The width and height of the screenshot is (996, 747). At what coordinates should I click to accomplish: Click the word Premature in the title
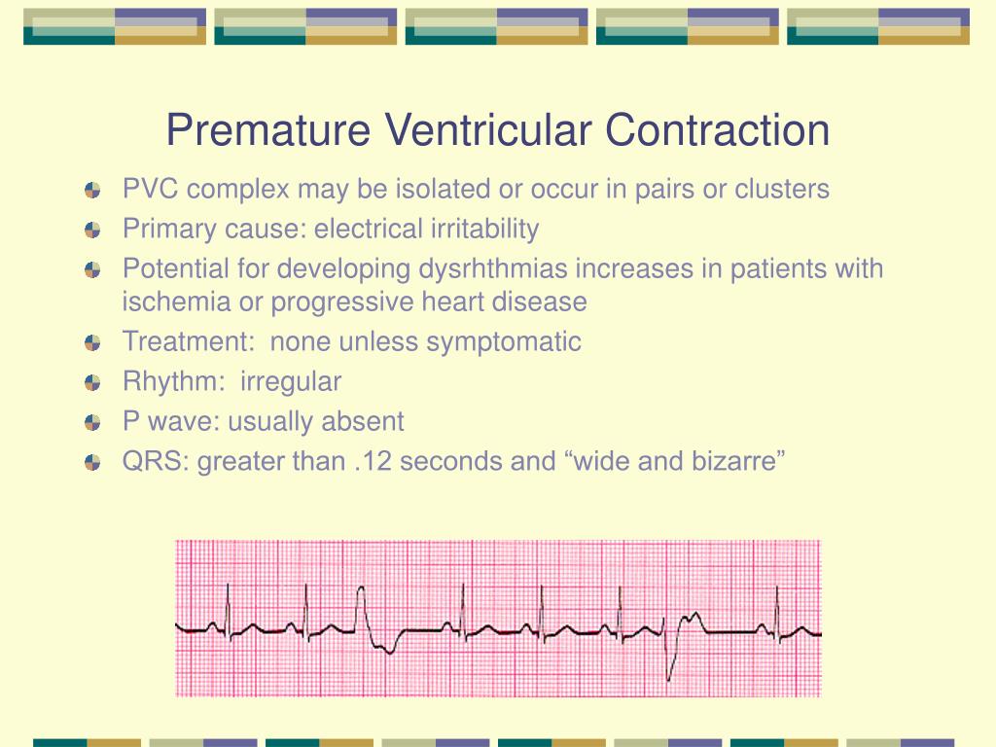click(268, 130)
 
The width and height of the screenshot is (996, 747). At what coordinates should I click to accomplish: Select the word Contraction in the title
click(717, 130)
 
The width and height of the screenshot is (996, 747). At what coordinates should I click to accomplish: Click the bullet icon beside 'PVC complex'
click(92, 190)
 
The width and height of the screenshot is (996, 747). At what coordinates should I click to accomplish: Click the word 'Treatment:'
click(189, 341)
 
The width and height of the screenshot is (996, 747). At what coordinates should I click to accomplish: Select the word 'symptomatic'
click(503, 342)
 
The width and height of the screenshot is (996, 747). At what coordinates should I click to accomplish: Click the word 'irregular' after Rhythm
click(290, 382)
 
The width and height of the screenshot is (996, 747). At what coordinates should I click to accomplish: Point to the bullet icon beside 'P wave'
click(92, 422)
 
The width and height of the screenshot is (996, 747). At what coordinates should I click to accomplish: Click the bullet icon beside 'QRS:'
click(92, 462)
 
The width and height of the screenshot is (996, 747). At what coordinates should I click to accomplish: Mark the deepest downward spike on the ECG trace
click(668, 678)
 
